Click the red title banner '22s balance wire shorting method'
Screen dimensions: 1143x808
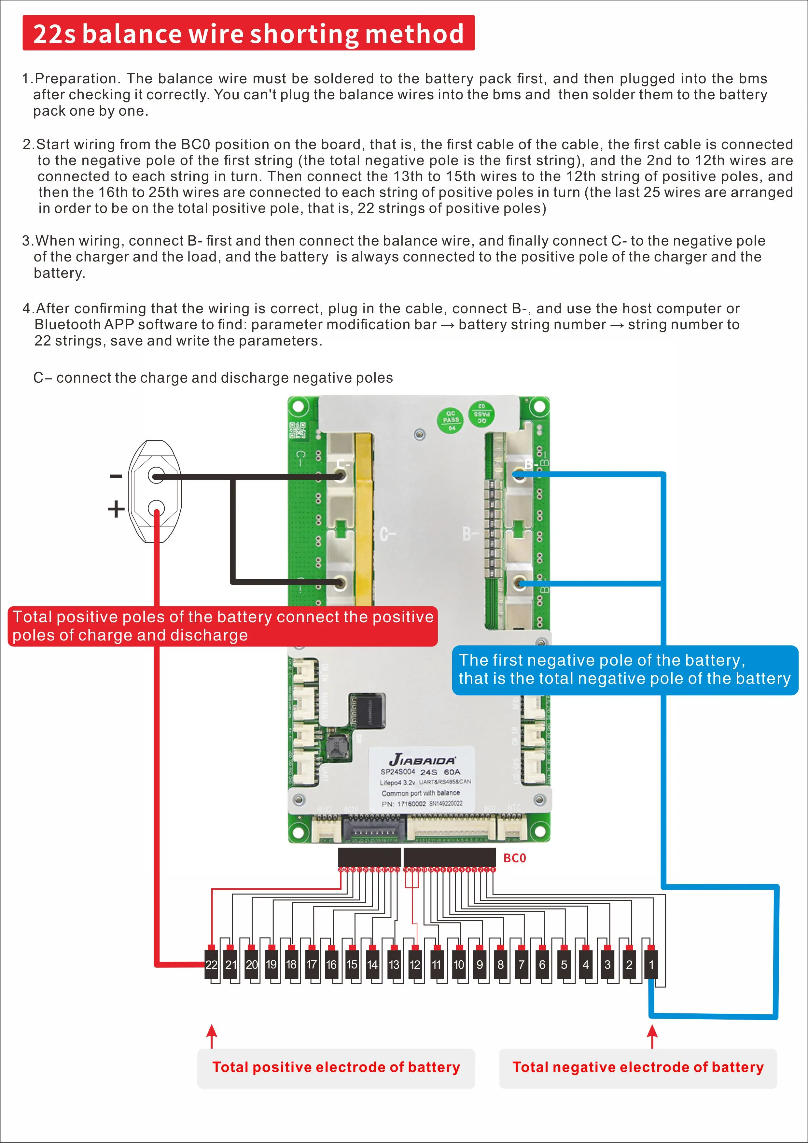(x=248, y=33)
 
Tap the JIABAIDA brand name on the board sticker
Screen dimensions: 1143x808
(x=422, y=760)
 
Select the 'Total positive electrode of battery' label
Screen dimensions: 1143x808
(x=336, y=1067)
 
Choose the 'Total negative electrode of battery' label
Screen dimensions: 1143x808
(x=638, y=1067)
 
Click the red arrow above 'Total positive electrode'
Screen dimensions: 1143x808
(x=212, y=1036)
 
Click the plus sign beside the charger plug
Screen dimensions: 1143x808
(x=116, y=509)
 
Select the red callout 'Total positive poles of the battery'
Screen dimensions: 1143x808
(x=222, y=626)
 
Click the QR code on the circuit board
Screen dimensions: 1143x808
(x=298, y=430)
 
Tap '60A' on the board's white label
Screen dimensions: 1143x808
(x=452, y=772)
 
